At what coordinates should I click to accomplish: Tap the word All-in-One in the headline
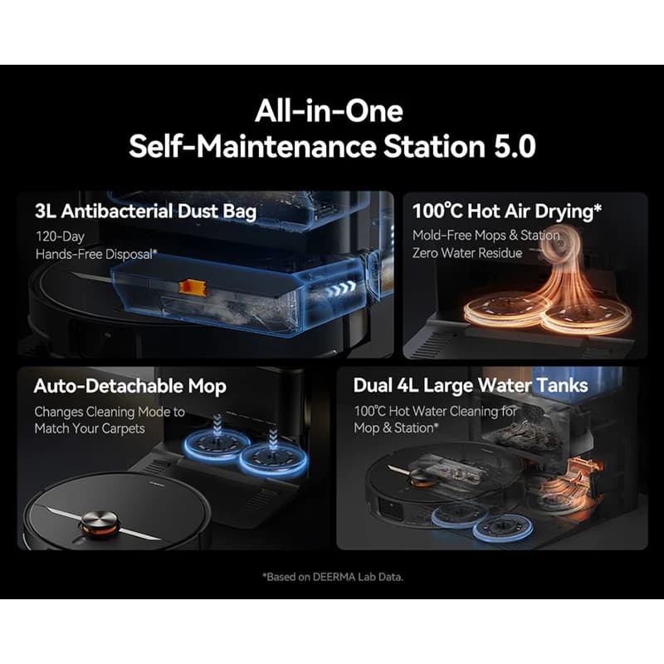point(329,110)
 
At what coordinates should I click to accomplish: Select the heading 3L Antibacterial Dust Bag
point(146,212)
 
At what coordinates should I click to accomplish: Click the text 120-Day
point(60,237)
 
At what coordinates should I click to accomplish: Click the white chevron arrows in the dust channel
point(342,289)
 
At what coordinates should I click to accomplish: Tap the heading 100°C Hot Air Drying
point(507,211)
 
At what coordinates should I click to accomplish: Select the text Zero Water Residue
point(467,253)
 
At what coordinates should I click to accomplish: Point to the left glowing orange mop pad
point(506,308)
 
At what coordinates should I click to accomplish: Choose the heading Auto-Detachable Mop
point(130,386)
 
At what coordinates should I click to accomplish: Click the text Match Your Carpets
point(90,428)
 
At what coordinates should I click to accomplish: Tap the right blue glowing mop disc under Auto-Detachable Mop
point(274,459)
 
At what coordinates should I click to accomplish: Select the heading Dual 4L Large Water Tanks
point(471,385)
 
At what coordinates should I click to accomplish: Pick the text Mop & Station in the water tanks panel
point(393,427)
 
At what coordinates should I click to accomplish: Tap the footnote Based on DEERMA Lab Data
point(334,577)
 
